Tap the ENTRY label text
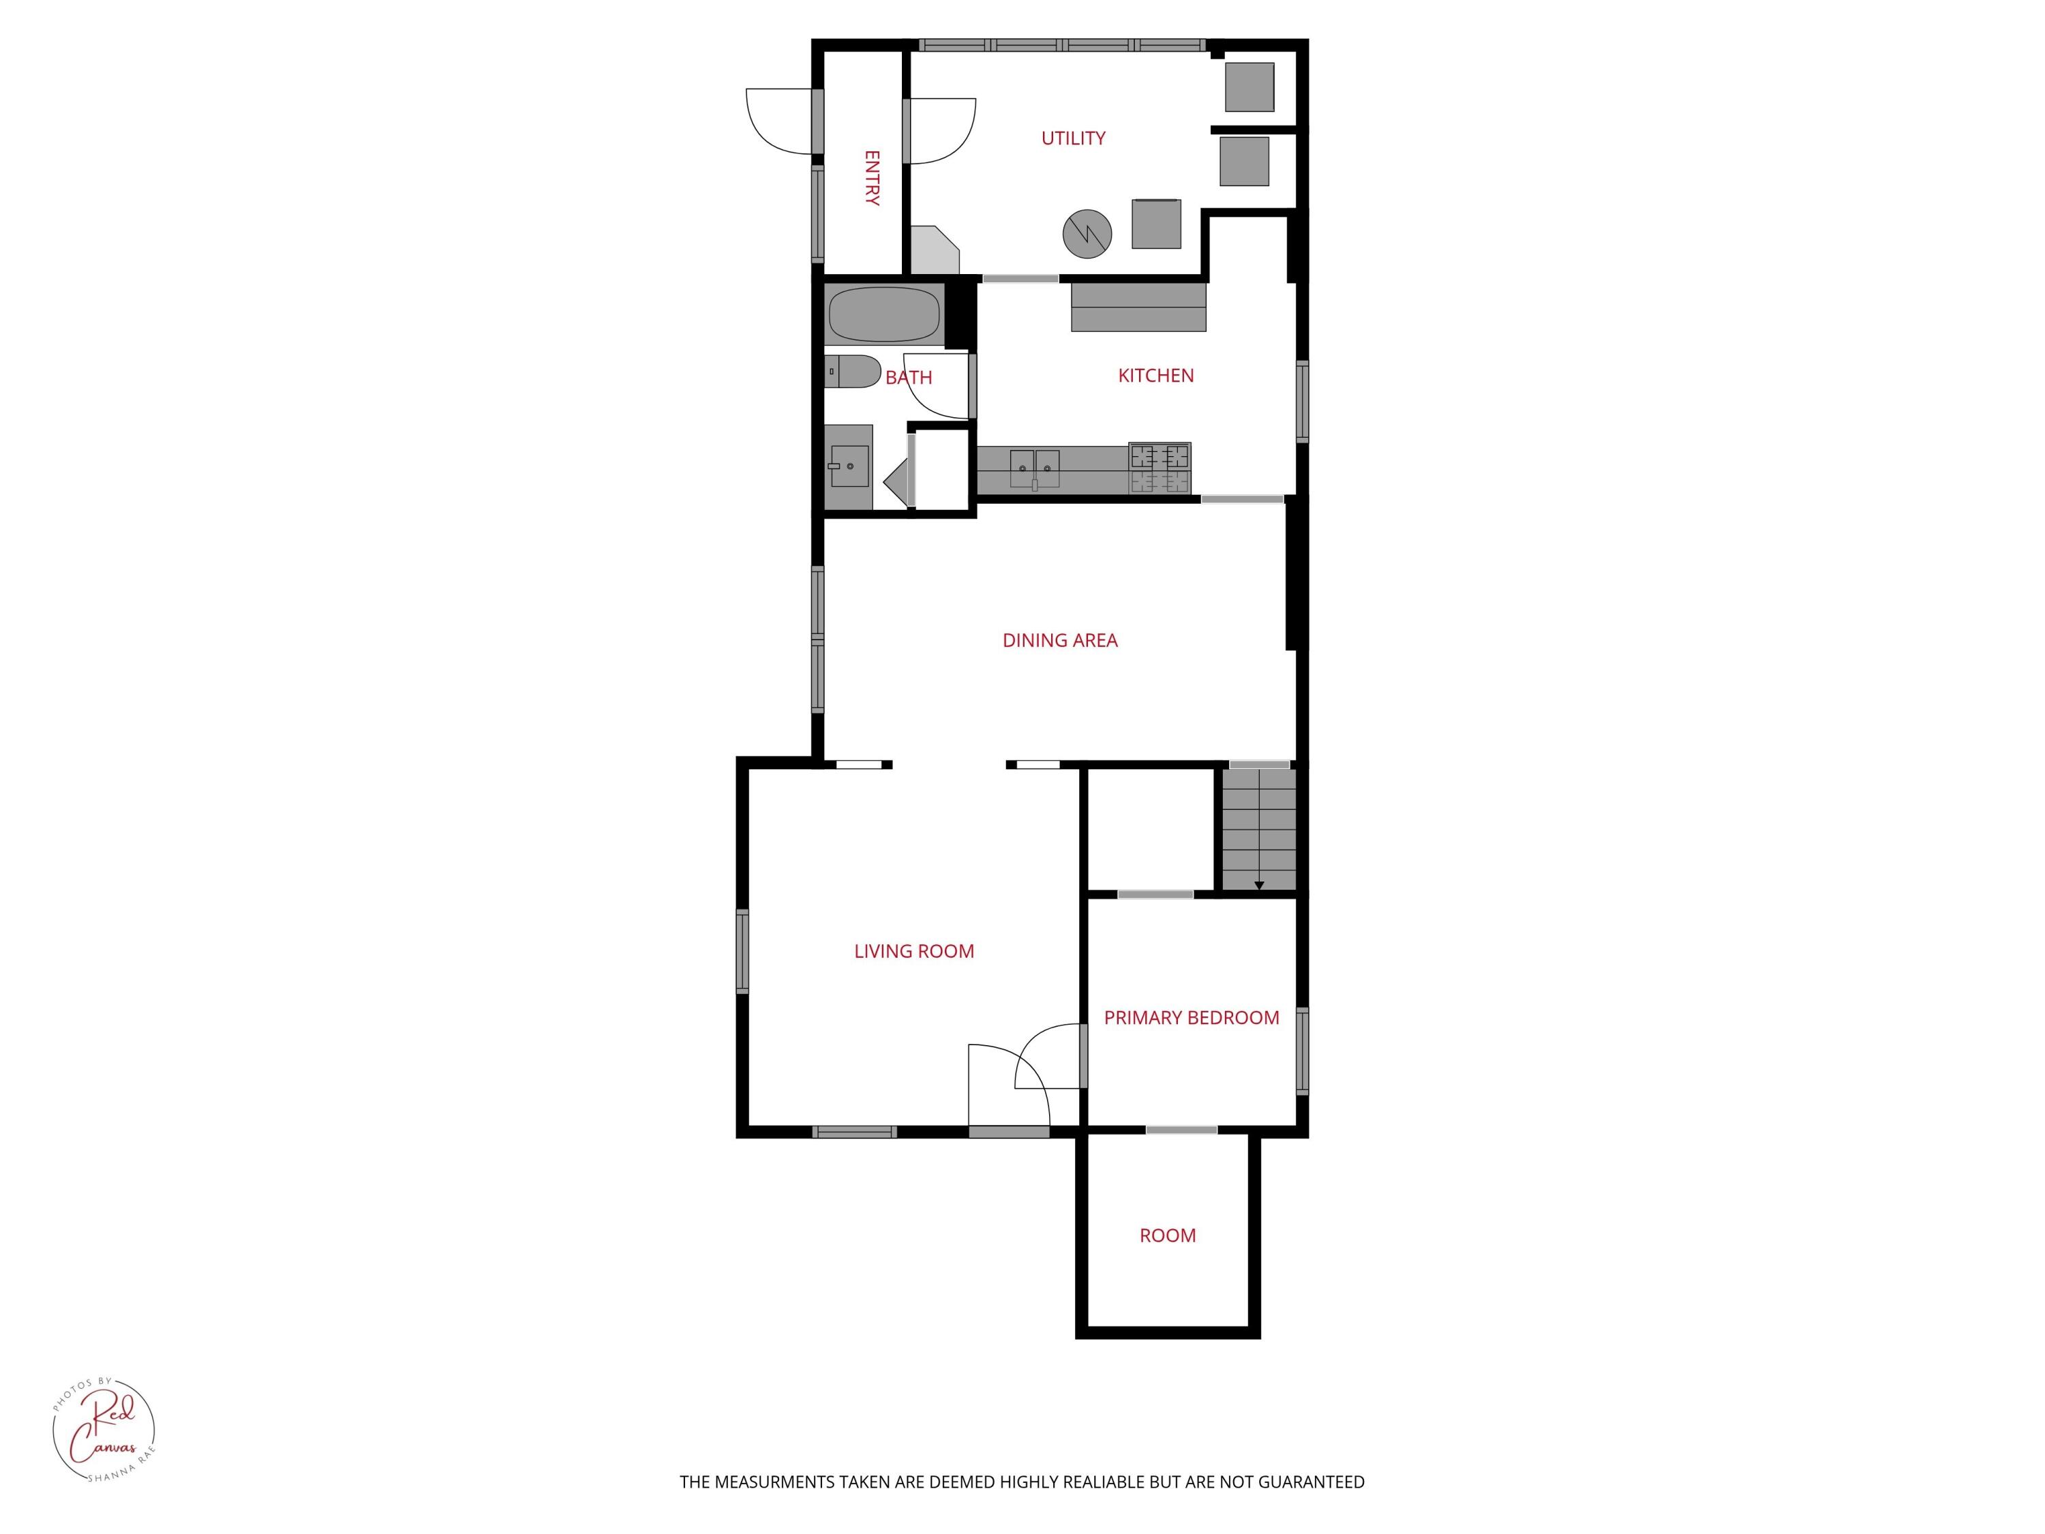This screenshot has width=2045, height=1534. click(x=871, y=177)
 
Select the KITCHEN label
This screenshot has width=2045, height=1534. click(x=1155, y=376)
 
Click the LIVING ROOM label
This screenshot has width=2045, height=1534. click(x=913, y=950)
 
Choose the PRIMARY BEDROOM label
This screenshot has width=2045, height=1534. click(x=1191, y=1017)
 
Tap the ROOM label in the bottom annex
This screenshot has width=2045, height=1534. click(x=1167, y=1235)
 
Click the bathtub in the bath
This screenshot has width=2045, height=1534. click(x=884, y=314)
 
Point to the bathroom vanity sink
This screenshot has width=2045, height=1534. click(x=848, y=466)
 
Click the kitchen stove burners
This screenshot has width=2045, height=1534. click(x=1160, y=468)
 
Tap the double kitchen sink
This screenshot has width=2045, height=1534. click(x=1035, y=468)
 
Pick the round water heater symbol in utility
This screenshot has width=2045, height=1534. click(x=1087, y=234)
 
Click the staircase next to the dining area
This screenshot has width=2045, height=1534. click(x=1258, y=828)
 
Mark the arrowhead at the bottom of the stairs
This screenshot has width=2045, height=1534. click(x=1258, y=886)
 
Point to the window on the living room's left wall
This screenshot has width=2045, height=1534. click(x=742, y=952)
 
